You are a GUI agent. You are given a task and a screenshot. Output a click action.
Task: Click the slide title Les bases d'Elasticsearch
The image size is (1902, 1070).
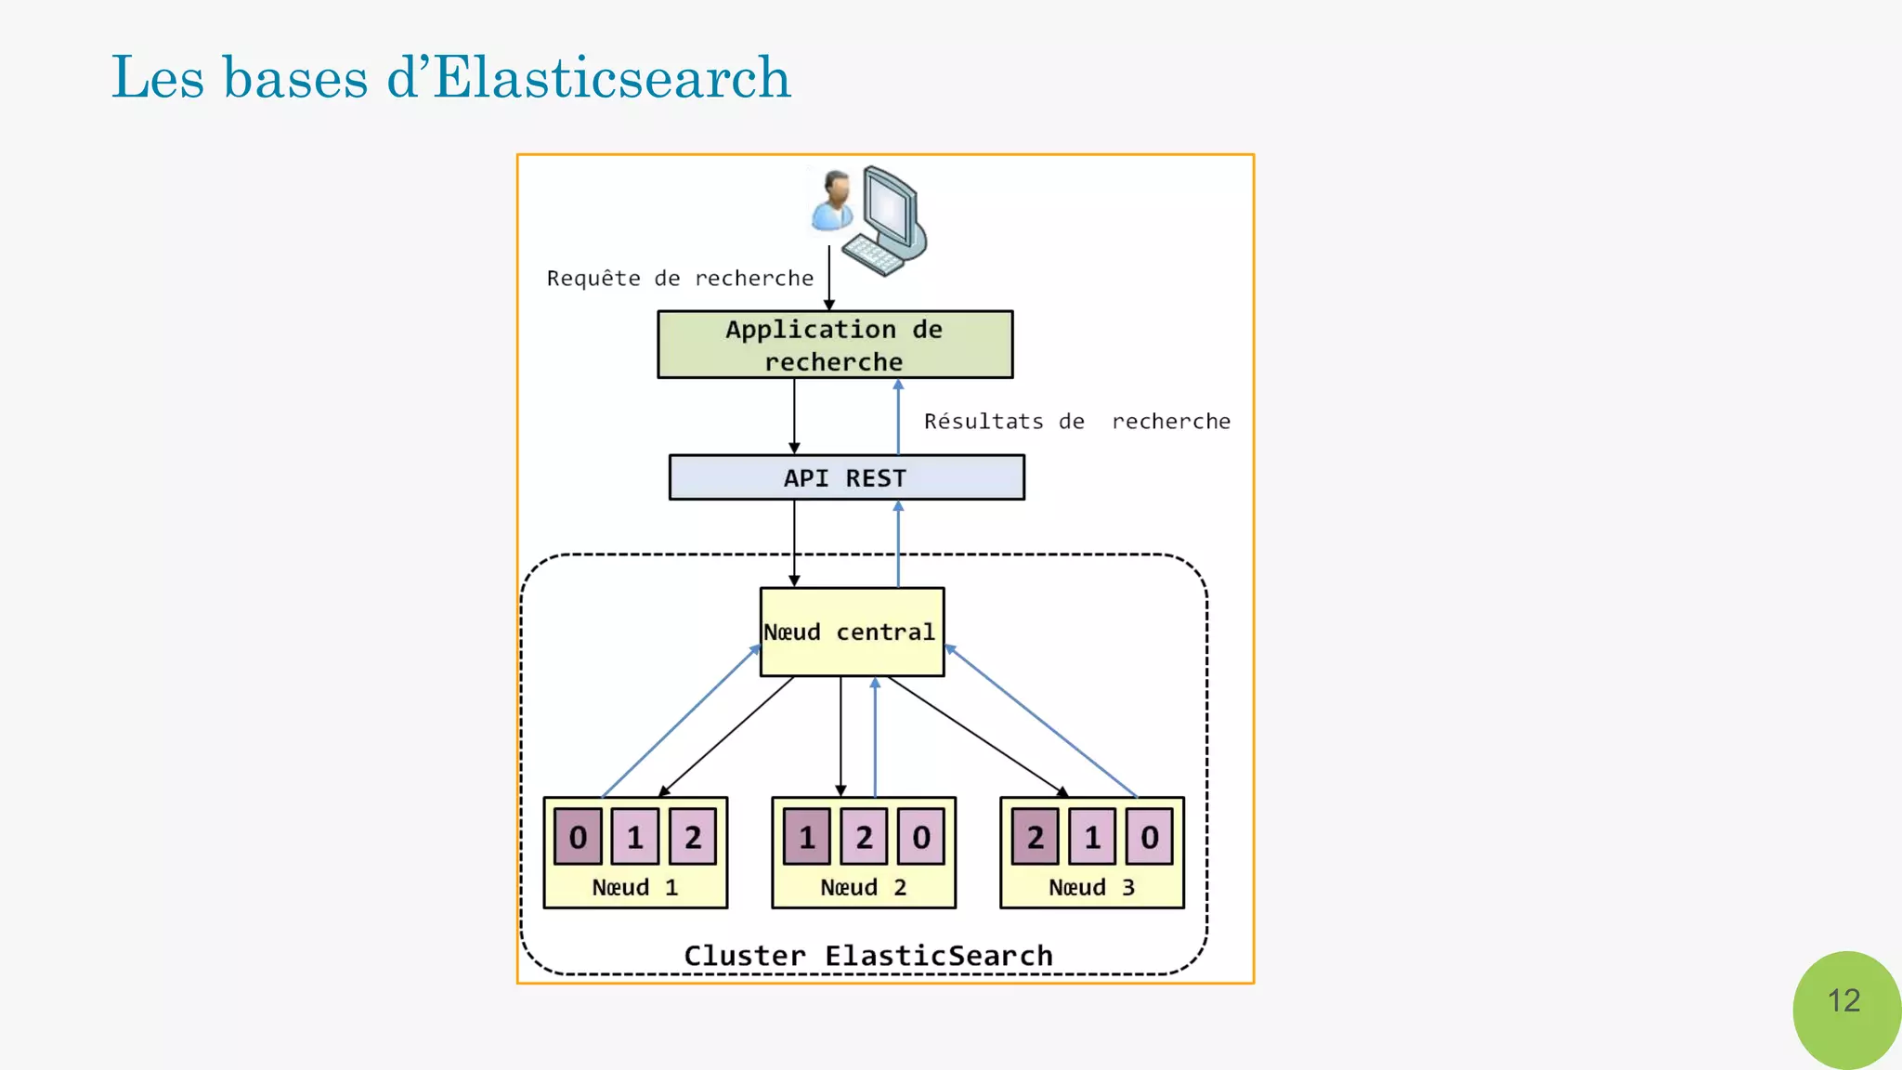[450, 77]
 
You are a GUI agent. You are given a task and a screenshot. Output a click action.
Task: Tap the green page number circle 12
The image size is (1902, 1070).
[1844, 1003]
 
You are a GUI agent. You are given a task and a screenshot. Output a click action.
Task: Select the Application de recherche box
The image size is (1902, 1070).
[835, 345]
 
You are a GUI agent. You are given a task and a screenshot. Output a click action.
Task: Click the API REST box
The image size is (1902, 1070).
[846, 477]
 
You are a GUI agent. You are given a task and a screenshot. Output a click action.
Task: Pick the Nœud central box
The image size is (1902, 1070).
[852, 632]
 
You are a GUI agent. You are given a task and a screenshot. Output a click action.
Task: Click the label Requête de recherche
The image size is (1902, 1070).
[680, 279]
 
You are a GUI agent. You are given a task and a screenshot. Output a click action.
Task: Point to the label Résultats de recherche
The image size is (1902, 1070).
[1076, 422]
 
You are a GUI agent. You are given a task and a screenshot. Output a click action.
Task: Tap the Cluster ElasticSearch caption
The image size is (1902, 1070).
[868, 956]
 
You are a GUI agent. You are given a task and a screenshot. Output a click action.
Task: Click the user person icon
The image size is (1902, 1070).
[833, 201]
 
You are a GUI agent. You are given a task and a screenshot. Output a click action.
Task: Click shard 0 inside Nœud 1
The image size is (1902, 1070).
[578, 837]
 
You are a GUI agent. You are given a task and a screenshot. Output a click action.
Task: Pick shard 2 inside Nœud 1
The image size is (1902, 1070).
[693, 837]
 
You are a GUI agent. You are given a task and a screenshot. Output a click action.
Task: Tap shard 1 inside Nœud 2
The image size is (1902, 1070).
[806, 837]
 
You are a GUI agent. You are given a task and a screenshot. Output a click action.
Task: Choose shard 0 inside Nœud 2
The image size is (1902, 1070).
[921, 837]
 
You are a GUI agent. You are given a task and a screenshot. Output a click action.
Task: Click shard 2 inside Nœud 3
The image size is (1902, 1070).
[1035, 837]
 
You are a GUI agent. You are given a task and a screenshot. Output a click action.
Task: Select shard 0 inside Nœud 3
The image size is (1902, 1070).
[1150, 837]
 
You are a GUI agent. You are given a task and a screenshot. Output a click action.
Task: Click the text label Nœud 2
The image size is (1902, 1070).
[863, 888]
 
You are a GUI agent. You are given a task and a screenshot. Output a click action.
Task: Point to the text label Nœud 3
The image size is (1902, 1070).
[1091, 888]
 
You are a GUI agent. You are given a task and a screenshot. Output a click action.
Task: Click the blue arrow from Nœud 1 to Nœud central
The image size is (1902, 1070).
[681, 722]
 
